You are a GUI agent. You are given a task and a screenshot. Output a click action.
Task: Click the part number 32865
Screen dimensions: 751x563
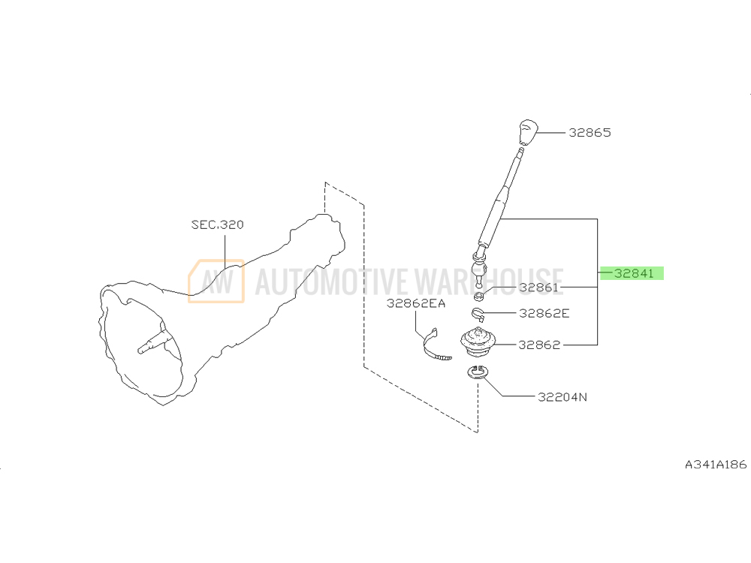pyautogui.click(x=590, y=133)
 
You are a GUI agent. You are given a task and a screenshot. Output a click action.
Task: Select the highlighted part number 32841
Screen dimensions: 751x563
pyautogui.click(x=634, y=273)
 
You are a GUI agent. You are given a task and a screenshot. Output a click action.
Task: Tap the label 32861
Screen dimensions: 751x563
pyautogui.click(x=538, y=288)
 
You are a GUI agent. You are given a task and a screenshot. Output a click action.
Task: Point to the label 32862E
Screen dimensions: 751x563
pyautogui.click(x=544, y=313)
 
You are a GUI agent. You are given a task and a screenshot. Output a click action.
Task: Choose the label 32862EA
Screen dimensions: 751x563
pyautogui.click(x=416, y=303)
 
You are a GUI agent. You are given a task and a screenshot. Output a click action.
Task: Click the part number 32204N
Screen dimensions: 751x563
pyautogui.click(x=562, y=397)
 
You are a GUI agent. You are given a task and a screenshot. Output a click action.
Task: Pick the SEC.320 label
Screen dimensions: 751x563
pyautogui.click(x=218, y=224)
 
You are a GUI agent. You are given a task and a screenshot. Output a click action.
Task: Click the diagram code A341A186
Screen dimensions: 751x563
pyautogui.click(x=716, y=465)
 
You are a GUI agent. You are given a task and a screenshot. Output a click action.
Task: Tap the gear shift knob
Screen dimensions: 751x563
pyautogui.click(x=528, y=132)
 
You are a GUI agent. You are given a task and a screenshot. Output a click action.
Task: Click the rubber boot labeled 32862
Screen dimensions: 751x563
pyautogui.click(x=478, y=342)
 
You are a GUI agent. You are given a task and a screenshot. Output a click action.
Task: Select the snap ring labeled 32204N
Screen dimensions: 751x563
pyautogui.click(x=477, y=372)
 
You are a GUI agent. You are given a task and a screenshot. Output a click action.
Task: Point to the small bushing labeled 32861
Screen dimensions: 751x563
pyautogui.click(x=478, y=295)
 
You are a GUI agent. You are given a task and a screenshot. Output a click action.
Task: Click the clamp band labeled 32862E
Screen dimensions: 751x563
pyautogui.click(x=478, y=315)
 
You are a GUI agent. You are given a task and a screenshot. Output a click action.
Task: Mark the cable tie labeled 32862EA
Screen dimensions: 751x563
pyautogui.click(x=434, y=345)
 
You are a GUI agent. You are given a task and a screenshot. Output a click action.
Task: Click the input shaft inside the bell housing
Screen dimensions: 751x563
pyautogui.click(x=155, y=342)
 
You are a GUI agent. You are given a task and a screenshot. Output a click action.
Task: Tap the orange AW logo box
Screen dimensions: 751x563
pyautogui.click(x=216, y=281)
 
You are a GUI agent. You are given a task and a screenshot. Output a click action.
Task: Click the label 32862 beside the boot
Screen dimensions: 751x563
pyautogui.click(x=539, y=345)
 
